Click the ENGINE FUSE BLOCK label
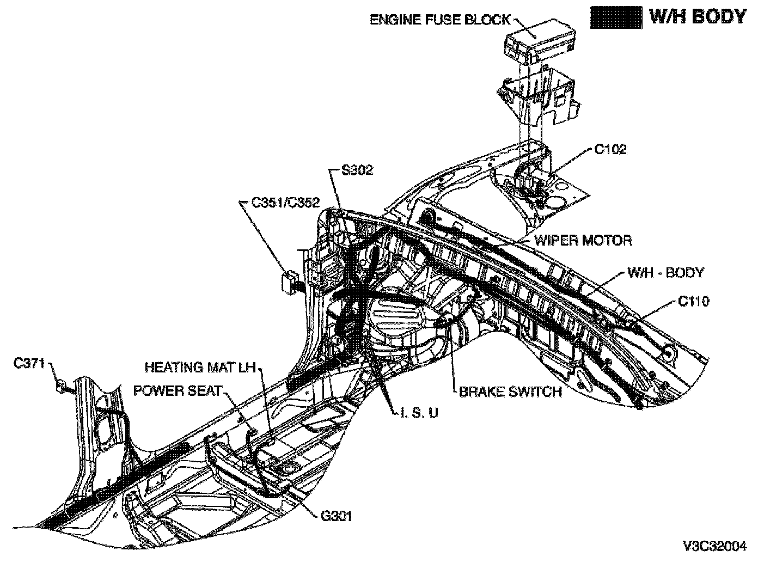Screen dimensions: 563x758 point(440,20)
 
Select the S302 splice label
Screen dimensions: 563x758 point(357,170)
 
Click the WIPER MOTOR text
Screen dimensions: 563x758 point(583,240)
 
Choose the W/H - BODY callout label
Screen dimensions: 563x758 point(665,272)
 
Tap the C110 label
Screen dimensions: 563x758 point(694,301)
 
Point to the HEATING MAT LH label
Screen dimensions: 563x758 point(200,368)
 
